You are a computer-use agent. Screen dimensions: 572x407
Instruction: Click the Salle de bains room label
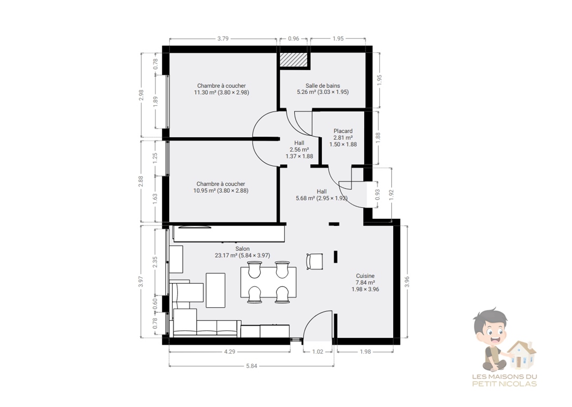click(x=323, y=86)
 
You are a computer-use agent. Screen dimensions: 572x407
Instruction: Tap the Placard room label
click(x=343, y=131)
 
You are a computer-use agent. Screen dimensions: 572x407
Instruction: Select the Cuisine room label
click(x=365, y=276)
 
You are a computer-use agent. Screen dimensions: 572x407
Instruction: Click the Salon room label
click(x=243, y=249)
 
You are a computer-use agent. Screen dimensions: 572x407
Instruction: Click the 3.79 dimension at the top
click(x=223, y=38)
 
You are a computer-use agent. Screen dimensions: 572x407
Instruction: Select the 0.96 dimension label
click(x=294, y=38)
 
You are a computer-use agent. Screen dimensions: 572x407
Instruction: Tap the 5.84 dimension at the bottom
click(x=251, y=366)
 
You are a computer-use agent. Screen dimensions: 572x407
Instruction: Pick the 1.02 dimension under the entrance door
click(x=317, y=352)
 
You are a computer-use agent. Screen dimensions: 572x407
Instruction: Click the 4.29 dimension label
click(x=230, y=352)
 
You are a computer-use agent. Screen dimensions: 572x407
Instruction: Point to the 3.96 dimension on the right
click(x=407, y=281)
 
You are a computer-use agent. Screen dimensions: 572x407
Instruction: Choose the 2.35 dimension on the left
click(x=154, y=262)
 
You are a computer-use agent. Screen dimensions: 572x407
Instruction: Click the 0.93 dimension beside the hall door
click(x=377, y=194)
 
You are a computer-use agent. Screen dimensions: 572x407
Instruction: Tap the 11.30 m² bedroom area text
click(x=221, y=93)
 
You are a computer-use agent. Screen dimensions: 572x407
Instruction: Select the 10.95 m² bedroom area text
click(x=220, y=191)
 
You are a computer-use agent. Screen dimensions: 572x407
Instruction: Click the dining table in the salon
click(x=268, y=282)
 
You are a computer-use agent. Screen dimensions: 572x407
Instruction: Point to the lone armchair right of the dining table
click(x=314, y=261)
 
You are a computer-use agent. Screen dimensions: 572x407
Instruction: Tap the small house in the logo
click(x=521, y=355)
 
